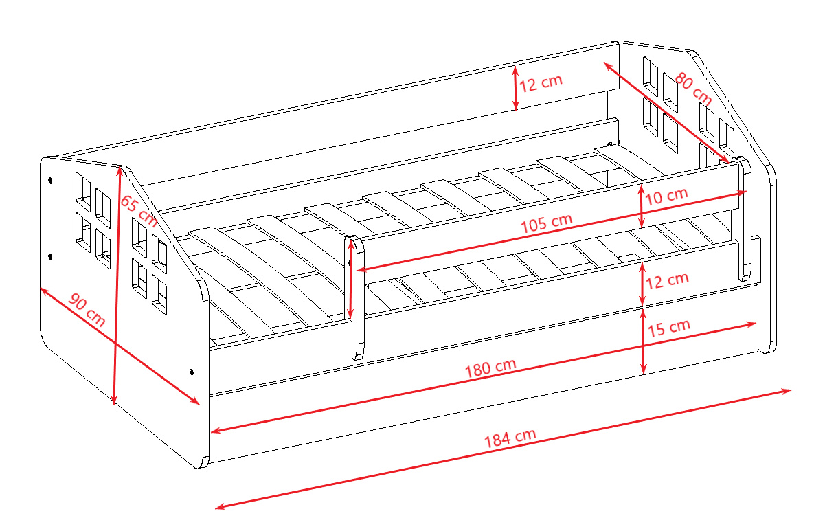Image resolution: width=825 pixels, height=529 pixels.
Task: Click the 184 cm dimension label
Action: pyautogui.click(x=510, y=438)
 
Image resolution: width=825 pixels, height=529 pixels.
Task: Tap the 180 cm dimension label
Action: pyautogui.click(x=490, y=368)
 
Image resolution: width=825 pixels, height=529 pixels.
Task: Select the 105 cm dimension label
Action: pyautogui.click(x=547, y=223)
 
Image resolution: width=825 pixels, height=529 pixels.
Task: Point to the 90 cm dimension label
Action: pyautogui.click(x=87, y=310)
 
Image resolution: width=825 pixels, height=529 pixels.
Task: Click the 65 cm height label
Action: pyautogui.click(x=139, y=211)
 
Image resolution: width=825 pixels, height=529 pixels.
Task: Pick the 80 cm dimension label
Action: pyautogui.click(x=693, y=89)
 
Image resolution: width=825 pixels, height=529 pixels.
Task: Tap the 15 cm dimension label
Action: pyautogui.click(x=669, y=328)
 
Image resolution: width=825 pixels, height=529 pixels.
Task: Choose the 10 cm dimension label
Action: pyautogui.click(x=666, y=196)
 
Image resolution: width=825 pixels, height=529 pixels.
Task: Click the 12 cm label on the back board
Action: pyautogui.click(x=541, y=82)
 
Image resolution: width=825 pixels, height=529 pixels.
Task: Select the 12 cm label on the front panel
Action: pyautogui.click(x=668, y=281)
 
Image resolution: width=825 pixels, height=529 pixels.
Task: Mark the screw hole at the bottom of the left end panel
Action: pyautogui.click(x=191, y=372)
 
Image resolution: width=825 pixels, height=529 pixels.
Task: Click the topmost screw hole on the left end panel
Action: pyautogui.click(x=50, y=181)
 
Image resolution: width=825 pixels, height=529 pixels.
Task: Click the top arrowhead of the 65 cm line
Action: pyautogui.click(x=119, y=170)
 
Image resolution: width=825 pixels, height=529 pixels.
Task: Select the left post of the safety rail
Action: pyautogui.click(x=354, y=297)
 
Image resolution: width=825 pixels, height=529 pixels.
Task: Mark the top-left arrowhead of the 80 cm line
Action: pyautogui.click(x=607, y=65)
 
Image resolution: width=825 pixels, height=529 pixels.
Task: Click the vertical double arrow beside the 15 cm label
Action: pyautogui.click(x=643, y=341)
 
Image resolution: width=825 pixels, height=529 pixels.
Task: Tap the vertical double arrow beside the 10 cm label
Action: pyautogui.click(x=641, y=206)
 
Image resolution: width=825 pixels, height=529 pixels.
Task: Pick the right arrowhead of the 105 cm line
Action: pyautogui.click(x=742, y=192)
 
